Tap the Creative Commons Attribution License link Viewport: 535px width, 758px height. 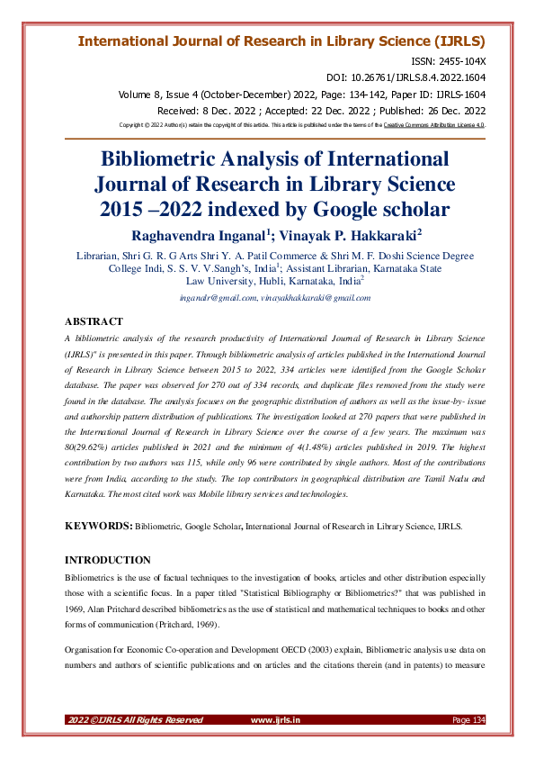click(434, 125)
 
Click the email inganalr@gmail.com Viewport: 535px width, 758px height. click(218, 296)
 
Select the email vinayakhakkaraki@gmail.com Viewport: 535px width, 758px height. click(316, 296)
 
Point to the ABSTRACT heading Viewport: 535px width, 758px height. click(94, 320)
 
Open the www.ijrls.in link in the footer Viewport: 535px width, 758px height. click(275, 720)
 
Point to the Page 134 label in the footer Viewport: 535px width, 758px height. click(468, 720)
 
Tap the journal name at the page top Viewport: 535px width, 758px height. click(281, 41)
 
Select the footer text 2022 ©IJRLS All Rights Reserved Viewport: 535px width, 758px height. click(135, 720)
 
